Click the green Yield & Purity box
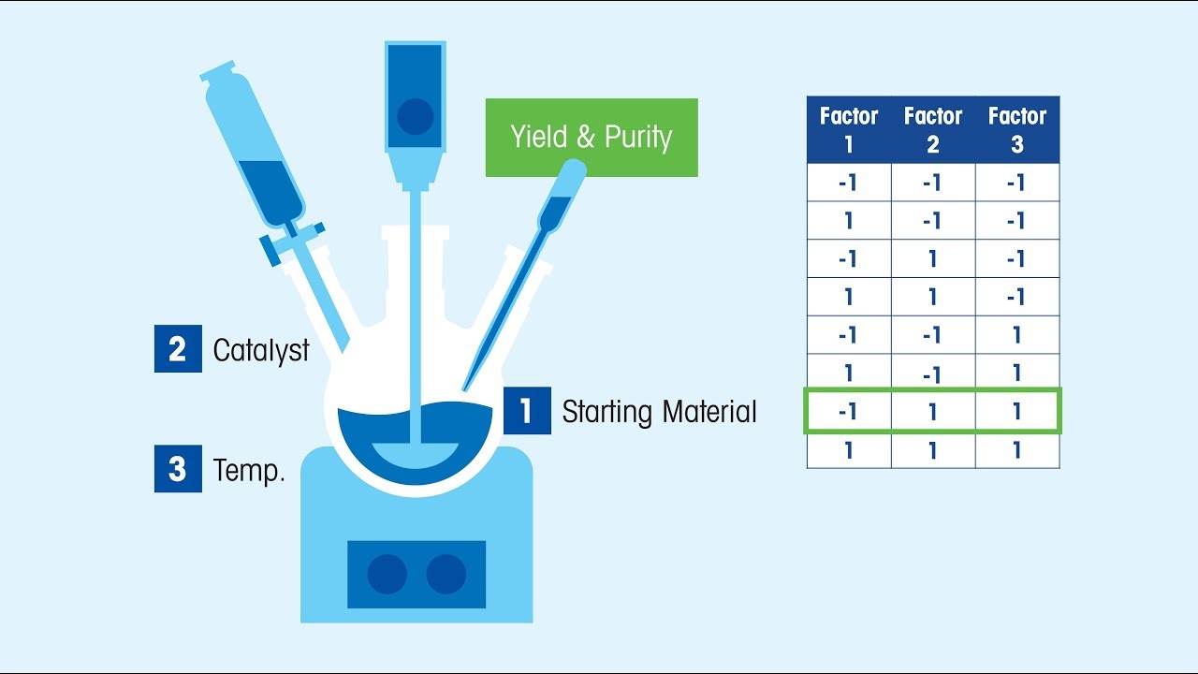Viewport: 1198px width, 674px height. click(x=592, y=138)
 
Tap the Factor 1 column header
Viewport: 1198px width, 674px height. click(x=849, y=130)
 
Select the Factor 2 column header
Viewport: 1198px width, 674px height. click(x=933, y=130)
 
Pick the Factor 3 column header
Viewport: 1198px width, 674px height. click(x=1017, y=130)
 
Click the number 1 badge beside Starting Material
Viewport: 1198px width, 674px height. click(x=527, y=411)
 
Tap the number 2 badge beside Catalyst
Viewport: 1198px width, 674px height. click(x=178, y=349)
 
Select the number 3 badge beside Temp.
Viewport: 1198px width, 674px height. click(x=178, y=468)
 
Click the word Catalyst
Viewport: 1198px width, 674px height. click(x=261, y=350)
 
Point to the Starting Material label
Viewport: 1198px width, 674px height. click(x=659, y=412)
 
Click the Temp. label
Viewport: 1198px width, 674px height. click(x=249, y=470)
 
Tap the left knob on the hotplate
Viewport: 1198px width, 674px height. click(x=387, y=574)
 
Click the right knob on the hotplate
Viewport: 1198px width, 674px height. click(x=446, y=574)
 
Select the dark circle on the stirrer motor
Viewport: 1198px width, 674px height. click(x=415, y=117)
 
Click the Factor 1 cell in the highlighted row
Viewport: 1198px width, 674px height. click(x=849, y=412)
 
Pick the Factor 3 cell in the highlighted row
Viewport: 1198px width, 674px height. click(x=1017, y=412)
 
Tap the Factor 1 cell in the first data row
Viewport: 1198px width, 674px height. click(x=849, y=183)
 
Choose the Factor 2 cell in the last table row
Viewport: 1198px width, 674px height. click(x=933, y=450)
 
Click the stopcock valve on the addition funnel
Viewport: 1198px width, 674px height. click(x=293, y=239)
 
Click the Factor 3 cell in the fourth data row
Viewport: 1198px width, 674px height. click(x=1017, y=298)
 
